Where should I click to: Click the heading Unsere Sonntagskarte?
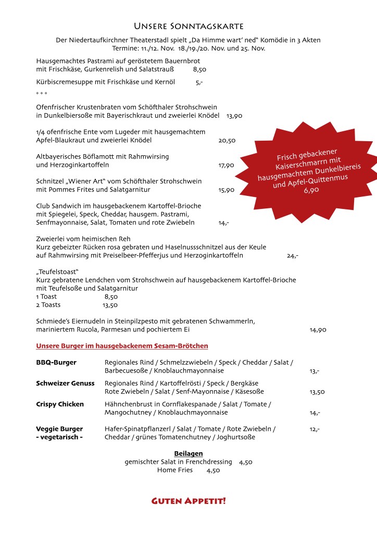point(188,26)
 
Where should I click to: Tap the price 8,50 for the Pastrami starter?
point(199,69)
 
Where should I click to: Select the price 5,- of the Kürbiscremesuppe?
point(199,82)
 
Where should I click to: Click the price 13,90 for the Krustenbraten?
point(234,115)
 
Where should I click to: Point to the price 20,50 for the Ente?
point(227,141)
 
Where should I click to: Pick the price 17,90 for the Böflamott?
point(226,165)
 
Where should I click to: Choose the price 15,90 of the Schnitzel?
point(226,190)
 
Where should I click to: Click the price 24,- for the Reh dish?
point(292,256)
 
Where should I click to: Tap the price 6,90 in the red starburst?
point(311,190)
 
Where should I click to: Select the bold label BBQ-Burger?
point(56,362)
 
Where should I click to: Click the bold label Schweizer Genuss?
point(65,383)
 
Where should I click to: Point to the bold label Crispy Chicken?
point(60,404)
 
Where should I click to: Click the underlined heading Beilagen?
point(188,453)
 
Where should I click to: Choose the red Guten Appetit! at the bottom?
point(188,501)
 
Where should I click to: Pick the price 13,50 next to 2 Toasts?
point(110,305)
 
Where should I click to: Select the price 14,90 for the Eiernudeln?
point(318,330)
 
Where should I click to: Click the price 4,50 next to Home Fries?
point(213,470)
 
